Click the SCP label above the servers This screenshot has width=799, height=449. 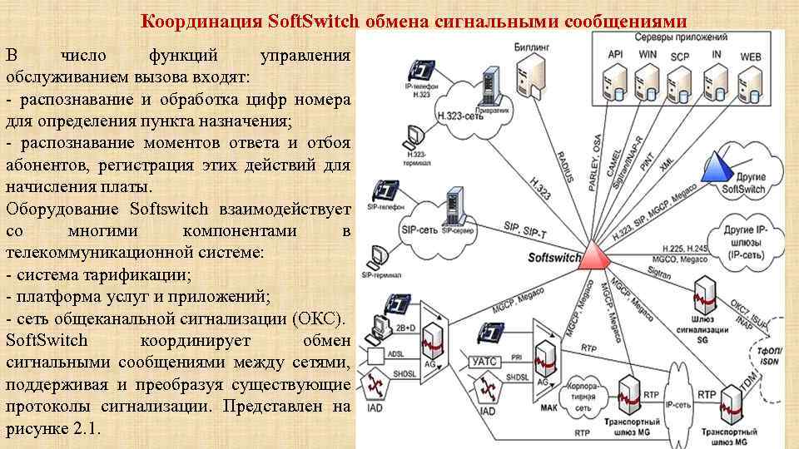(x=680, y=54)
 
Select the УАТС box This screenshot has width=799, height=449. (x=484, y=361)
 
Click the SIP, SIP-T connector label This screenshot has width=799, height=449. (x=527, y=227)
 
